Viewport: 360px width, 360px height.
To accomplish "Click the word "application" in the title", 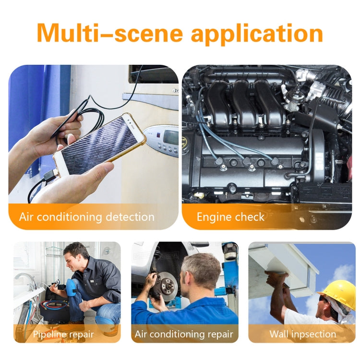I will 256,34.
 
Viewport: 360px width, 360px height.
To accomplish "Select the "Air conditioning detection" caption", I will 87,217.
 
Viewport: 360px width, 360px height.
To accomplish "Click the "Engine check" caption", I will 230,217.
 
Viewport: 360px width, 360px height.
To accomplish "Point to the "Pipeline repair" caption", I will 63,334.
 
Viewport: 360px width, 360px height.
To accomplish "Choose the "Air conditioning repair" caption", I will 184,334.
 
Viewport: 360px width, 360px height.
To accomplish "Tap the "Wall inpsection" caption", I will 302,334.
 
